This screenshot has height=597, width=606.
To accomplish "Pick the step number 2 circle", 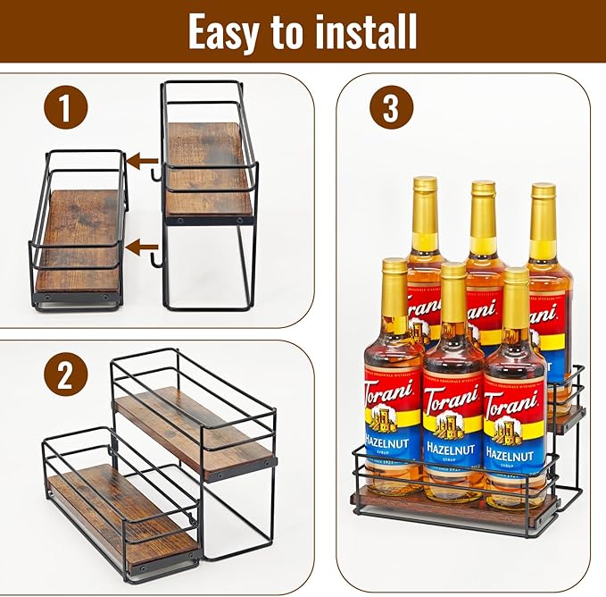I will coord(66,374).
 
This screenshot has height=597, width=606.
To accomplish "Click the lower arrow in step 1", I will coord(140,245).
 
